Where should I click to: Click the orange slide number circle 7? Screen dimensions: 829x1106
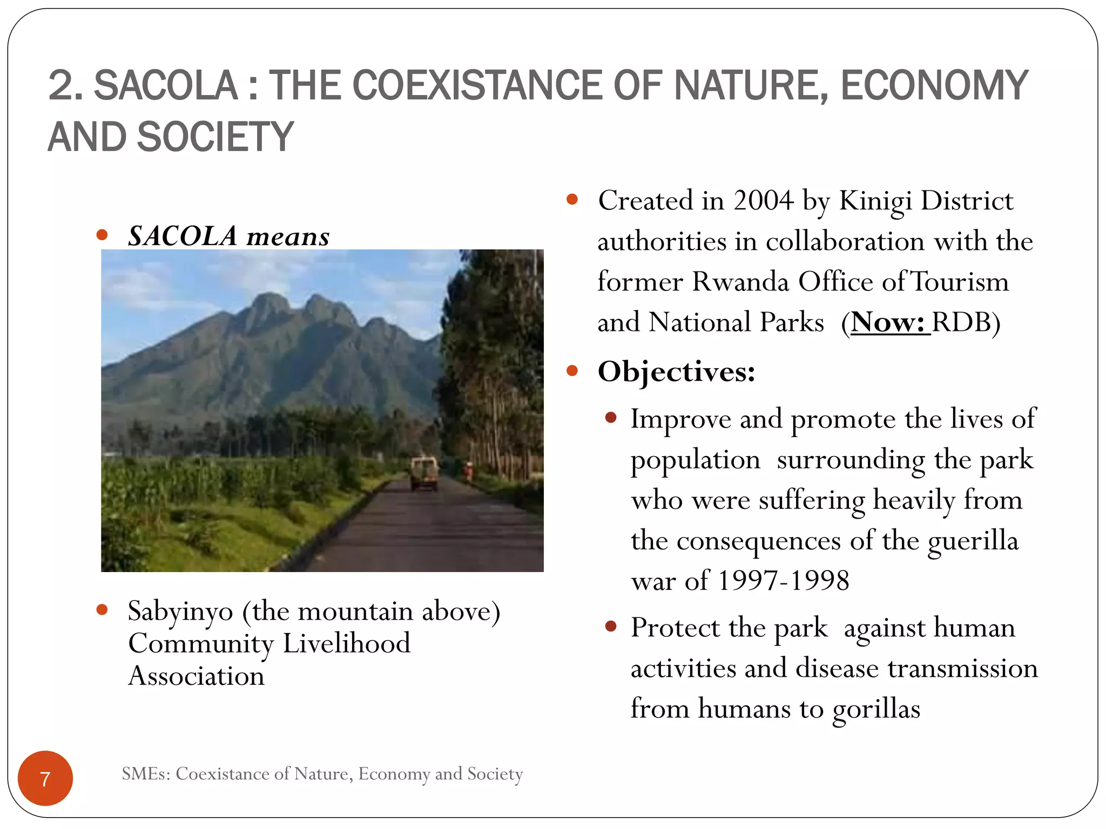[45, 778]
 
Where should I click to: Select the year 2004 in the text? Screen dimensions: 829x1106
[763, 201]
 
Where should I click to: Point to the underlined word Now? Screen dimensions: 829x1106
[889, 322]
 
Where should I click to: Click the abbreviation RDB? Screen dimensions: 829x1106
[962, 322]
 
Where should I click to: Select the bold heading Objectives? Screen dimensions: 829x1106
[676, 371]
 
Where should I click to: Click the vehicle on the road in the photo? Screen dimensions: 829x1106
[424, 473]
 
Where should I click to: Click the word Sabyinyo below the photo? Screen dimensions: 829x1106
[180, 611]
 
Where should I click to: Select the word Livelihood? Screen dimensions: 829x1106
[346, 643]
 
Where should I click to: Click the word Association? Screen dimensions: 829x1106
[197, 676]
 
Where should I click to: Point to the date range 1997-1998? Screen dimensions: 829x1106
[784, 581]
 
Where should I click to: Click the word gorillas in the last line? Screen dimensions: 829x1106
[876, 709]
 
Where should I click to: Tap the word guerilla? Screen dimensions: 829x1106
[973, 541]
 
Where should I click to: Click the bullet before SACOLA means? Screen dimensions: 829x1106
[102, 235]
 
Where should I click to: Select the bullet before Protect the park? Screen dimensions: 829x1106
[611, 626]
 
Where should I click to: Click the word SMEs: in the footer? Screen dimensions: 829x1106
[146, 774]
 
